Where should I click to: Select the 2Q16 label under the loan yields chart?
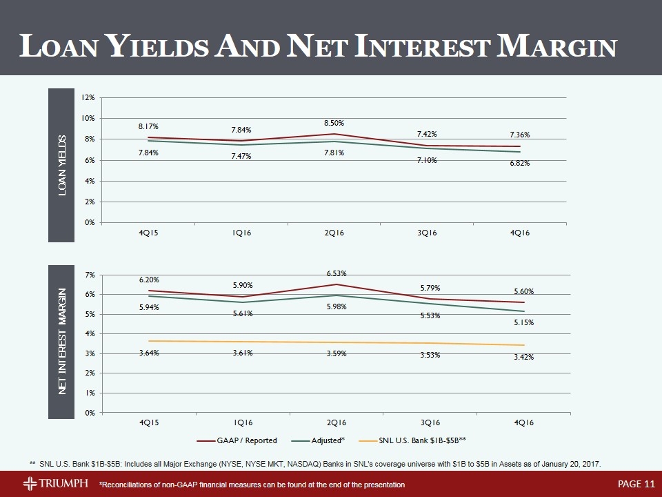[x=334, y=233]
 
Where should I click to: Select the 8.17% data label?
[x=148, y=126]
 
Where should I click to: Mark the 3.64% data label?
[x=148, y=353]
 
